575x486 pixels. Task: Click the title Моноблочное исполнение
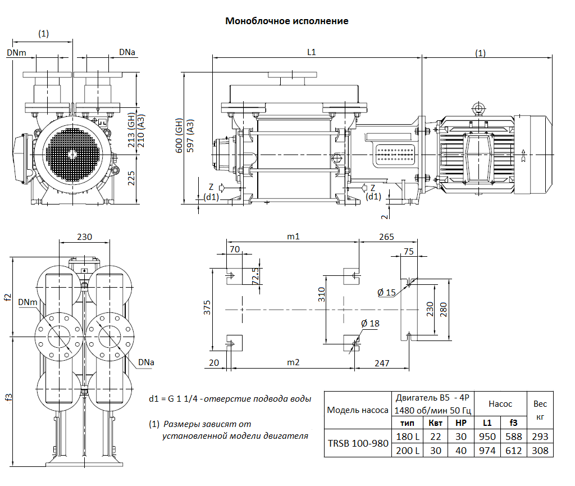pos(287,21)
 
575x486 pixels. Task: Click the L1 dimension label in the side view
pos(312,52)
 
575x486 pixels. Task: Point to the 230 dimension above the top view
pos(84,237)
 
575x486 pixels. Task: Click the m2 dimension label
pos(293,363)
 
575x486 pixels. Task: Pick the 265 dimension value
pos(386,237)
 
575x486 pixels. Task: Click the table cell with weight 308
pos(539,451)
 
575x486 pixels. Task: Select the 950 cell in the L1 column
pos(487,437)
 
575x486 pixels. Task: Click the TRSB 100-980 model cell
pos(358,443)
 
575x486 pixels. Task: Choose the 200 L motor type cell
pos(408,451)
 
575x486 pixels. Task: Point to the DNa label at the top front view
pos(127,52)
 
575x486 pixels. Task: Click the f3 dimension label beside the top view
pos(8,397)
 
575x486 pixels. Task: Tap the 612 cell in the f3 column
pos(513,451)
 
